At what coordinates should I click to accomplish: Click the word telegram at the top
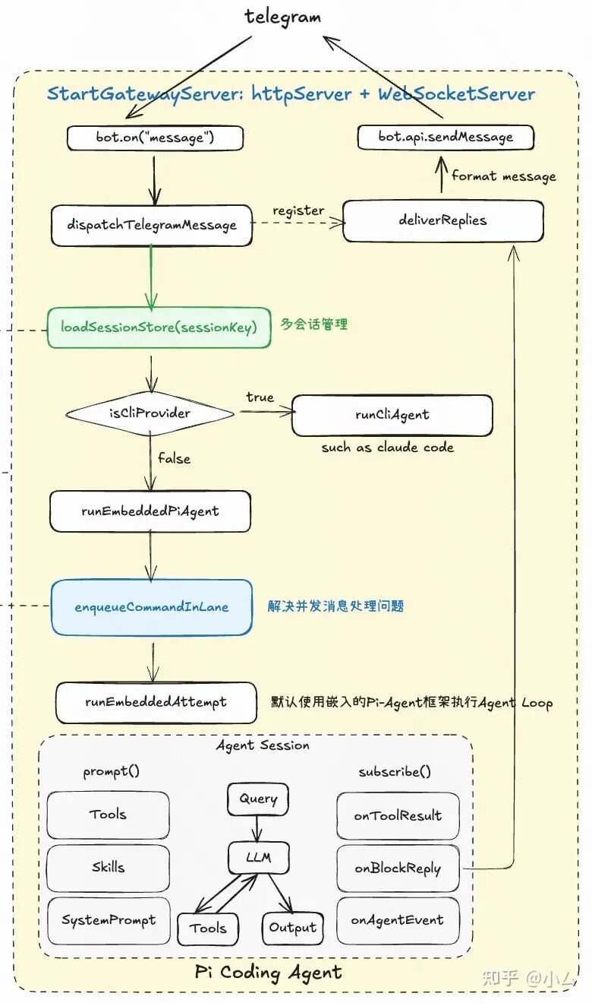283,17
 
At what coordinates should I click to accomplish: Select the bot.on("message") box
155,138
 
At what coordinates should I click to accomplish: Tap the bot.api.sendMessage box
446,138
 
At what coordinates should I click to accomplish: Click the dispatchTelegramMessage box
151,225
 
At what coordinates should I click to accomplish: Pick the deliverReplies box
442,221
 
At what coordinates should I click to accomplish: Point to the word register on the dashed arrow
298,210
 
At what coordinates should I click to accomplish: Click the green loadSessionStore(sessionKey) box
159,327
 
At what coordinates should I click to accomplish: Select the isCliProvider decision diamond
150,413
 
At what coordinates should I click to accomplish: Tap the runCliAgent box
392,415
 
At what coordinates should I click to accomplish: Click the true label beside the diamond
260,397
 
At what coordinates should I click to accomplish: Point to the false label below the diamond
174,459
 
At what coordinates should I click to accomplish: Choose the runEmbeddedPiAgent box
150,511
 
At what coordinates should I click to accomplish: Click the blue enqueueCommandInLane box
152,607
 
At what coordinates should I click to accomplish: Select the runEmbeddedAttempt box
156,702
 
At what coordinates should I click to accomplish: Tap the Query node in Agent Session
258,799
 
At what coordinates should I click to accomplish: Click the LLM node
258,859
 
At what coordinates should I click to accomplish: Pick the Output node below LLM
292,928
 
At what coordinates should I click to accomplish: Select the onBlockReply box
398,869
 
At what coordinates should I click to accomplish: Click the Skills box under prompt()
108,867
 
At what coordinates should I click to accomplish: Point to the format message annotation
503,176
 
